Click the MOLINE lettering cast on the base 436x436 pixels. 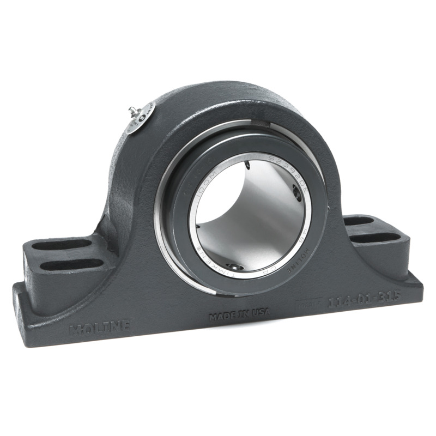tap(99, 328)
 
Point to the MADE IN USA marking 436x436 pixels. tap(239, 317)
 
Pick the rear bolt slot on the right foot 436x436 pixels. tap(359, 221)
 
